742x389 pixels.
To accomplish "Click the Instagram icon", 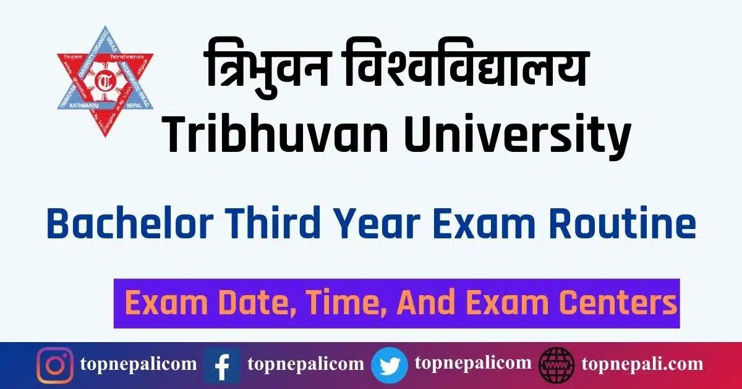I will click(54, 366).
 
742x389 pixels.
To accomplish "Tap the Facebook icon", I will click(222, 366).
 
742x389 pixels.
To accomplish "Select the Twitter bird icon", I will click(390, 366).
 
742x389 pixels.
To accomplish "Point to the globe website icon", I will click(557, 366).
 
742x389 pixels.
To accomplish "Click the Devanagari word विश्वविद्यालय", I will click(464, 73).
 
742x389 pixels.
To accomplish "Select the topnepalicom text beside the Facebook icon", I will click(305, 364).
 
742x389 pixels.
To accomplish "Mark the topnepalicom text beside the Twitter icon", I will click(473, 364).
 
